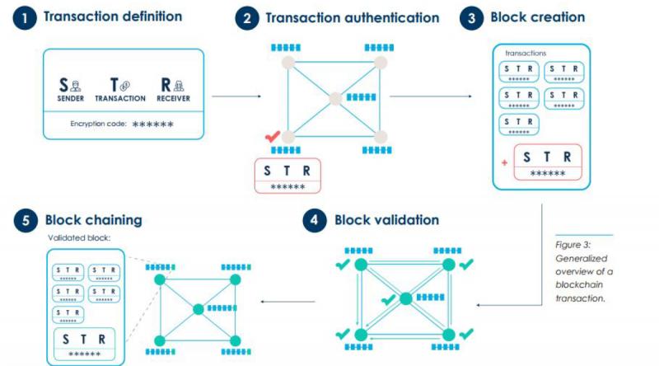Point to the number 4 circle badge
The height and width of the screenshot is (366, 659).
(x=314, y=221)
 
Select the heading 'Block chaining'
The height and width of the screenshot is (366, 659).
(x=93, y=221)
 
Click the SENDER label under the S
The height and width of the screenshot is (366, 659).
(x=70, y=98)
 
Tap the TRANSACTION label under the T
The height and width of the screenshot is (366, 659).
(x=120, y=98)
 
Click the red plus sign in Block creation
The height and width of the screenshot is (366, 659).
(x=504, y=162)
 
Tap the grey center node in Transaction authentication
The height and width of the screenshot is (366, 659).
(x=334, y=99)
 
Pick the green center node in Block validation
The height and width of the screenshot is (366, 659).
(x=404, y=299)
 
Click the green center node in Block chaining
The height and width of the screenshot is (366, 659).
(x=198, y=310)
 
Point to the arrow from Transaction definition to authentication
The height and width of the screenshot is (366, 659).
(x=236, y=97)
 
